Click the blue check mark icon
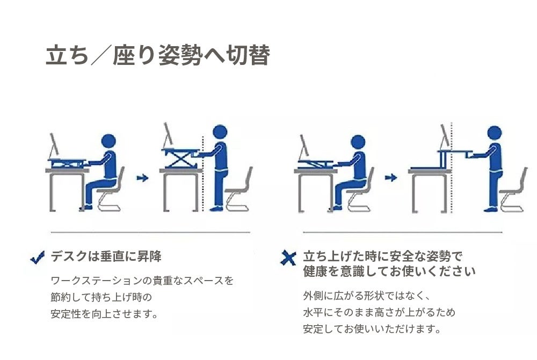(x=38, y=258)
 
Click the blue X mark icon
(x=288, y=258)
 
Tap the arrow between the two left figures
(x=142, y=178)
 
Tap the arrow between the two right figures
(x=391, y=178)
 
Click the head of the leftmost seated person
(x=108, y=141)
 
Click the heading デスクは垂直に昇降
(x=106, y=256)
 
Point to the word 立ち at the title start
(x=67, y=55)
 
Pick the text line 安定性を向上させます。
(x=104, y=314)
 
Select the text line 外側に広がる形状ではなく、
(x=366, y=296)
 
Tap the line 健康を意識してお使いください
(x=389, y=271)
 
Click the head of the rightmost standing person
(x=494, y=133)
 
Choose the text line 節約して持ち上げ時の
(x=101, y=297)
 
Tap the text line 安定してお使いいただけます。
(x=372, y=329)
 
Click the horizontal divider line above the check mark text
(x=150, y=232)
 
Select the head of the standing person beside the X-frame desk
(x=220, y=132)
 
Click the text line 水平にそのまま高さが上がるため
(x=379, y=312)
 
